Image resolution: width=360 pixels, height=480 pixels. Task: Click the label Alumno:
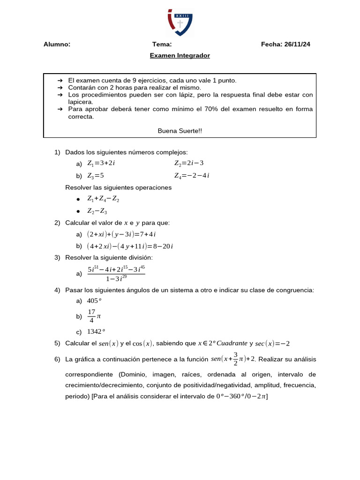(x=57, y=45)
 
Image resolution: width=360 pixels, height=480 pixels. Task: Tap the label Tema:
(x=162, y=45)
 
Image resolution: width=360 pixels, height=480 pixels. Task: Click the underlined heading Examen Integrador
(x=180, y=56)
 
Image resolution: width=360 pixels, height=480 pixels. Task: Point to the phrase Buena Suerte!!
(x=180, y=131)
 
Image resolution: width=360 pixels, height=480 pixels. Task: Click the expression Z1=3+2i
(x=101, y=163)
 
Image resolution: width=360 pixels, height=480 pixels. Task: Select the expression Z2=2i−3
(x=189, y=163)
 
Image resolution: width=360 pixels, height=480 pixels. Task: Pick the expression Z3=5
(x=96, y=176)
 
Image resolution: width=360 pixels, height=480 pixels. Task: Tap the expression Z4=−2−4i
(x=192, y=176)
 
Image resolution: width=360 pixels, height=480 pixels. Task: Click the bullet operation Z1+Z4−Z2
(x=103, y=199)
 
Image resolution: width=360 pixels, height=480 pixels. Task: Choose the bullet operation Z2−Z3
(x=97, y=211)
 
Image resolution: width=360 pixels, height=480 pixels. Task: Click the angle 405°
(x=95, y=301)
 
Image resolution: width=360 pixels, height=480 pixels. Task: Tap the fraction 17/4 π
(x=94, y=316)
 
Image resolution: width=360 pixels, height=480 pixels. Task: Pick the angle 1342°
(x=96, y=332)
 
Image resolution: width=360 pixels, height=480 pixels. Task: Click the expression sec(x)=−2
(x=272, y=344)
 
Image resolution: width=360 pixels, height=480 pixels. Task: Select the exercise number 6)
(x=57, y=360)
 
